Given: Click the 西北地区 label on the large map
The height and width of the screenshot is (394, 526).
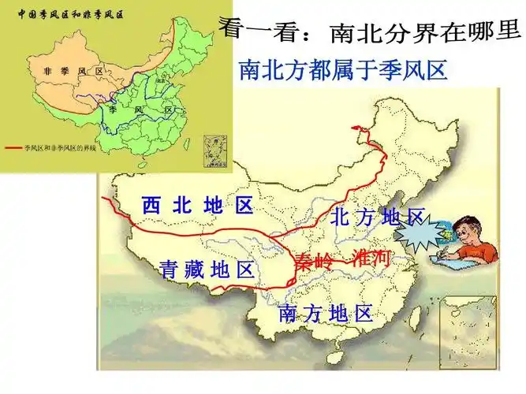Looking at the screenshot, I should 197,206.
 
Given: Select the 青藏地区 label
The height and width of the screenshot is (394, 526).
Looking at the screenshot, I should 207,270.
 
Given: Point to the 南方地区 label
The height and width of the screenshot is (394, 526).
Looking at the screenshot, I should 325,314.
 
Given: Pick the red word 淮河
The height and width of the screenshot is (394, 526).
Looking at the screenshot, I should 371,258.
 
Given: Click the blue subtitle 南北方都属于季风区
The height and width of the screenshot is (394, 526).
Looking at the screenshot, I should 342,72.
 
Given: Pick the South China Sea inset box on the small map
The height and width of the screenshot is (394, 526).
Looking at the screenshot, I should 212,147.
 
